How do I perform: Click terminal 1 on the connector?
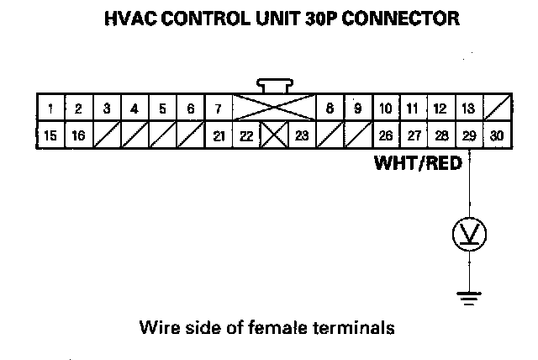(51, 109)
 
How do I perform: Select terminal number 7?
(218, 109)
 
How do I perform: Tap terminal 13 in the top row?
(468, 109)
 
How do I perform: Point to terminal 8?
(330, 109)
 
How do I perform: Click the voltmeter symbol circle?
(469, 234)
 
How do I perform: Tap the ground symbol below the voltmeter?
(469, 295)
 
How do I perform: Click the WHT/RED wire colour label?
(418, 164)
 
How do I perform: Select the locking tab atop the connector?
(273, 84)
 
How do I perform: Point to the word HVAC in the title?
(127, 19)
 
